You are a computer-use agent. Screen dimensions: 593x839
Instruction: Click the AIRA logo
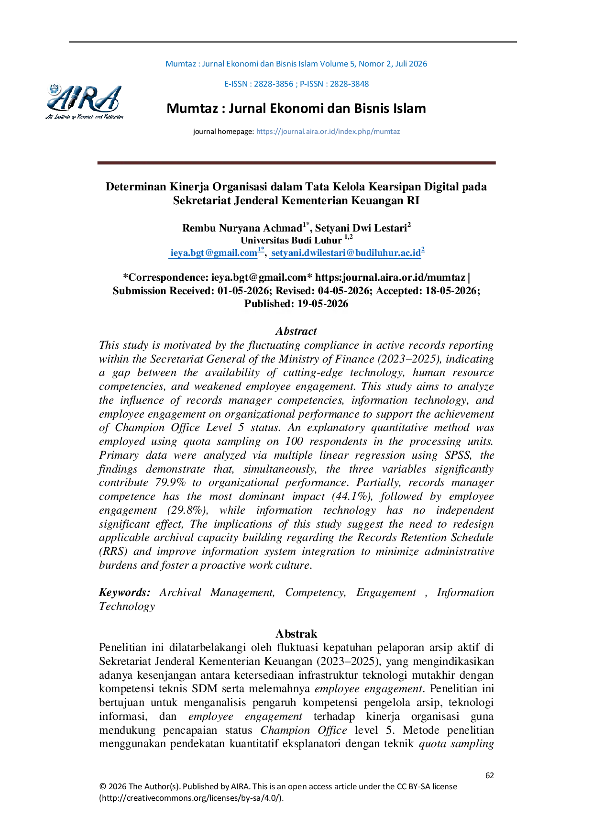[85, 101]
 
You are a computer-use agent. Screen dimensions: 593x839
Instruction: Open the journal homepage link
[328, 132]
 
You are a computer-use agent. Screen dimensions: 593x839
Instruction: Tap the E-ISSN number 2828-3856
[274, 84]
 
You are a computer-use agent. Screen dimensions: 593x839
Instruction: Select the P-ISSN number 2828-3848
[349, 84]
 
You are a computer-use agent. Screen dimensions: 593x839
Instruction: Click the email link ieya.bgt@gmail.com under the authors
[214, 253]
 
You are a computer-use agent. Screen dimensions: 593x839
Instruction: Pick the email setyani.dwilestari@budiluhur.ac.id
[346, 253]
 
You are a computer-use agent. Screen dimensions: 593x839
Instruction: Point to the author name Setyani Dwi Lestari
[361, 228]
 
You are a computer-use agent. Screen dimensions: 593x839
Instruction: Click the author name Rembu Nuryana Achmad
[242, 228]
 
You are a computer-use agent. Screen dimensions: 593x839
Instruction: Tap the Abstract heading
[296, 331]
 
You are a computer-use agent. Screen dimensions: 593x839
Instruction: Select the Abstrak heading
[296, 634]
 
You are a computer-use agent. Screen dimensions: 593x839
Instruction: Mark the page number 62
[490, 775]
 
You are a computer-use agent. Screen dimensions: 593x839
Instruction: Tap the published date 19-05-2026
[323, 304]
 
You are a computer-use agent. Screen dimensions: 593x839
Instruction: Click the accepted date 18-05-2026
[451, 291]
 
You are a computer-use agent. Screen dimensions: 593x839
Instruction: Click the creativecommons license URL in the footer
[191, 798]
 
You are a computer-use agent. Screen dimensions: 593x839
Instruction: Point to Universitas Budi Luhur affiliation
[291, 240]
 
